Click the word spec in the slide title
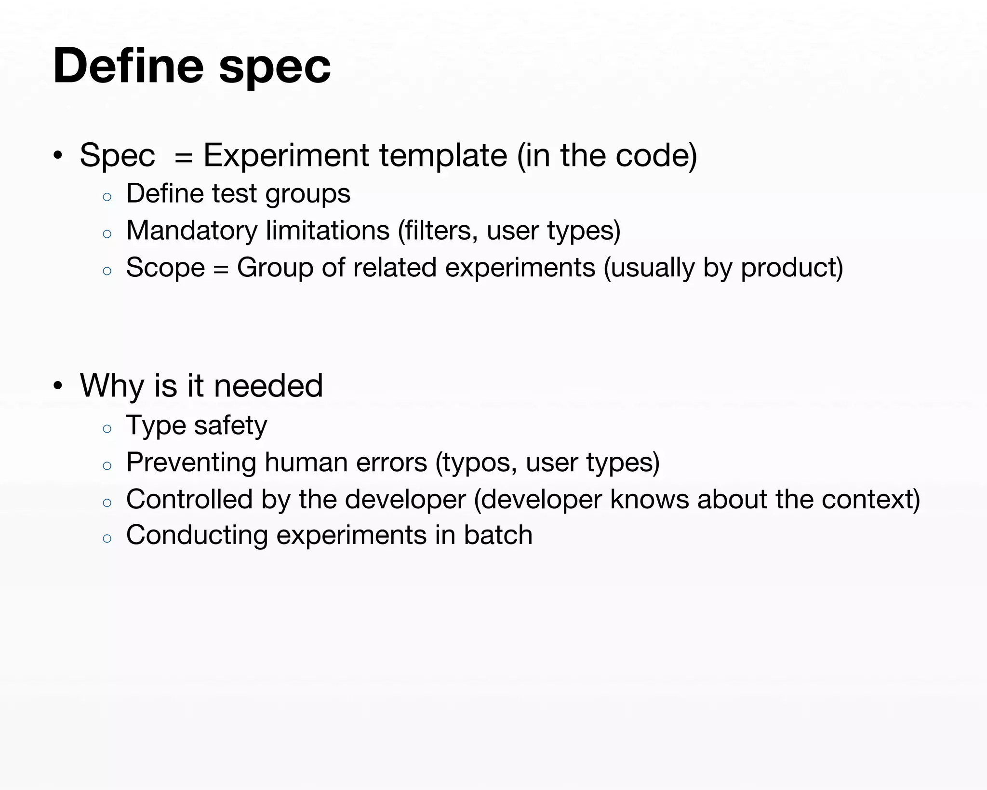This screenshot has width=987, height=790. tap(275, 68)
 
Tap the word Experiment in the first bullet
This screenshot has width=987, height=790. tap(287, 156)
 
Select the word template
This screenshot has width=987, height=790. tap(443, 156)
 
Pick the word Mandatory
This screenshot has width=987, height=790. tap(192, 231)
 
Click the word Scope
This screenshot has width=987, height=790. tap(165, 268)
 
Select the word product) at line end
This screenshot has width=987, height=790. tap(792, 268)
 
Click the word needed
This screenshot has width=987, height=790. tap(268, 386)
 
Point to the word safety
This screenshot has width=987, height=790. tap(230, 426)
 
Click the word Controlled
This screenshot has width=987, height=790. tap(189, 499)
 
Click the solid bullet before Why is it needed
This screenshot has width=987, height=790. tap(58, 386)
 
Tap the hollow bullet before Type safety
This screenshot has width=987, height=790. tap(107, 428)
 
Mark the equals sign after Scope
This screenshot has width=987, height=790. tap(221, 269)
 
